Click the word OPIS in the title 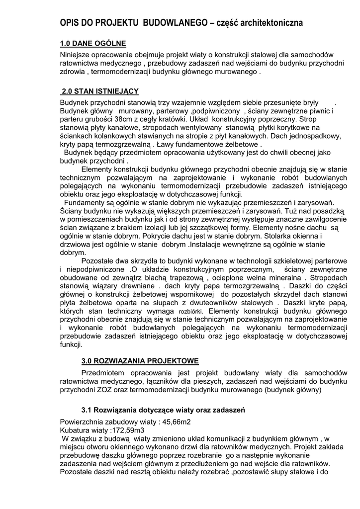[70, 23]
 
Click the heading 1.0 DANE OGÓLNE [93, 43]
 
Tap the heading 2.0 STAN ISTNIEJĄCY [99, 91]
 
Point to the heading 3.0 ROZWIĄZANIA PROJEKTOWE [140, 361]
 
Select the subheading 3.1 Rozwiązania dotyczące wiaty [163, 410]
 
